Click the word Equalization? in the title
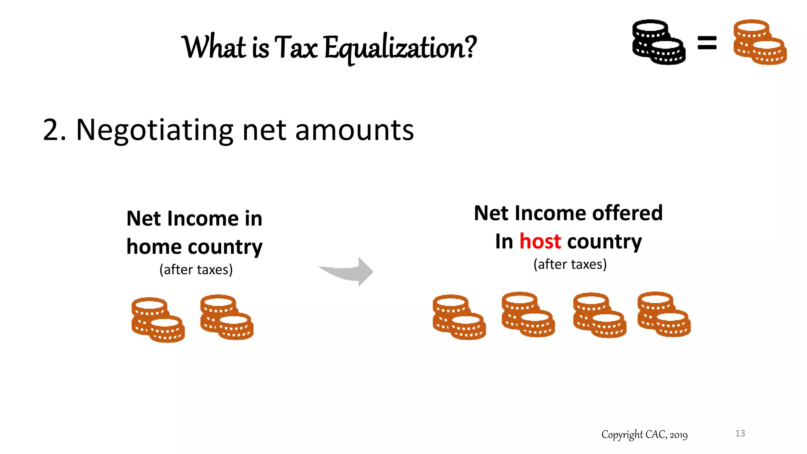[x=400, y=48]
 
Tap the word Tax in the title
[x=296, y=47]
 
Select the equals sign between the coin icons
[x=707, y=43]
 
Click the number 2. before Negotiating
[x=54, y=130]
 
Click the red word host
[x=540, y=241]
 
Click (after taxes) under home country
[x=196, y=270]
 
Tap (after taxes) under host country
[x=570, y=264]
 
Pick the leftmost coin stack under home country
[x=158, y=320]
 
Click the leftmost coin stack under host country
[x=459, y=317]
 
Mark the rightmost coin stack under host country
[x=664, y=314]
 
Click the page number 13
[x=740, y=434]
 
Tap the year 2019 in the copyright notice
[x=678, y=435]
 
